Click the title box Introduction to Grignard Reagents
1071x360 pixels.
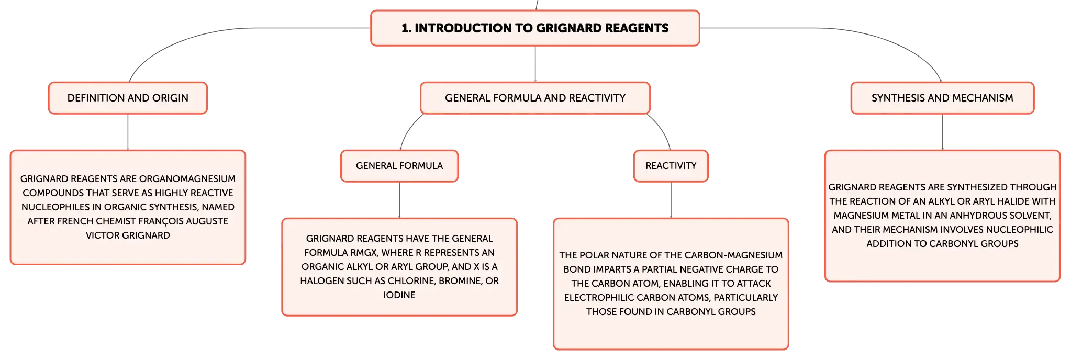[x=535, y=28]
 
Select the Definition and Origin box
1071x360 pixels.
[x=128, y=98]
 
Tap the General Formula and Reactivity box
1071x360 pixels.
[x=535, y=98]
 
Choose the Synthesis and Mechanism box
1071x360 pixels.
[x=942, y=98]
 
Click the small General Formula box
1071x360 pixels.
[x=399, y=166]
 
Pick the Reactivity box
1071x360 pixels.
[x=671, y=166]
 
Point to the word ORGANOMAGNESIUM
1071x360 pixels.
[x=187, y=179]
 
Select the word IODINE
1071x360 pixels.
[x=399, y=295]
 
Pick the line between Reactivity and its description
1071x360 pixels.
[x=671, y=200]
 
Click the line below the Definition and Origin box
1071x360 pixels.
[x=128, y=132]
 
